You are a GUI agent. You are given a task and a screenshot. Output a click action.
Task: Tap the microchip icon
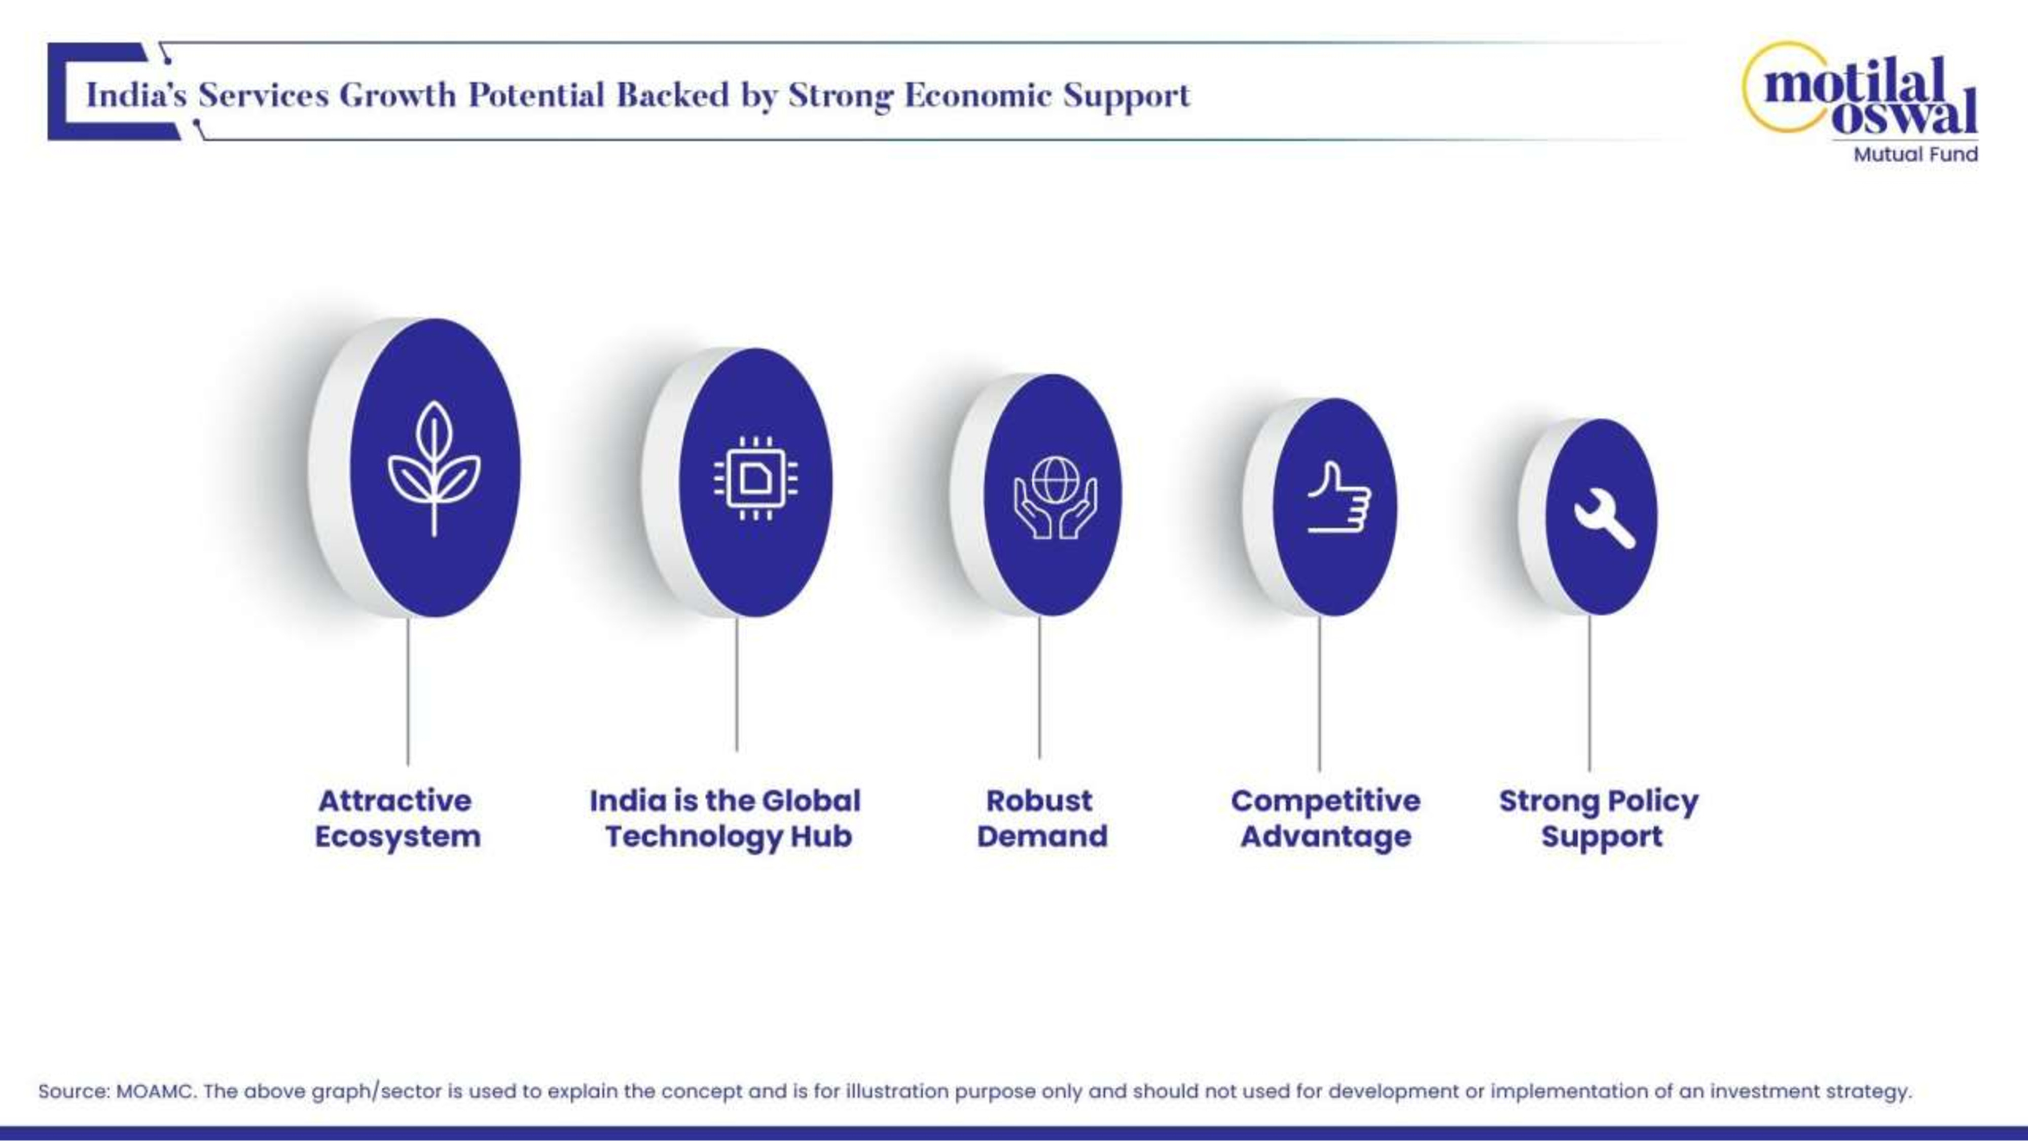coord(755,478)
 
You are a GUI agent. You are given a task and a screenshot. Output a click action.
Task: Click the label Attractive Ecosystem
coord(397,818)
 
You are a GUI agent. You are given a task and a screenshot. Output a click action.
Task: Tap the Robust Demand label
coord(1041,818)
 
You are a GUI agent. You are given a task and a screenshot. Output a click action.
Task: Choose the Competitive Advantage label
coord(1326,818)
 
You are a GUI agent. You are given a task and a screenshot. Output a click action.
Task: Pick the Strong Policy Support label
coord(1599,818)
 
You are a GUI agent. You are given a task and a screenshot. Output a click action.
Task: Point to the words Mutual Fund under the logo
coord(1915,154)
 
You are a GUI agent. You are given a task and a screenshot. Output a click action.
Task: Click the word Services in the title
coord(263,95)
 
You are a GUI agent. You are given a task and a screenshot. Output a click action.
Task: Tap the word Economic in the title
coord(978,95)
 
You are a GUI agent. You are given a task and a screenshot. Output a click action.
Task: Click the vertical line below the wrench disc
coord(1589,693)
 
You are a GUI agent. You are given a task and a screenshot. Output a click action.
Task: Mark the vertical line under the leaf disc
coord(408,691)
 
